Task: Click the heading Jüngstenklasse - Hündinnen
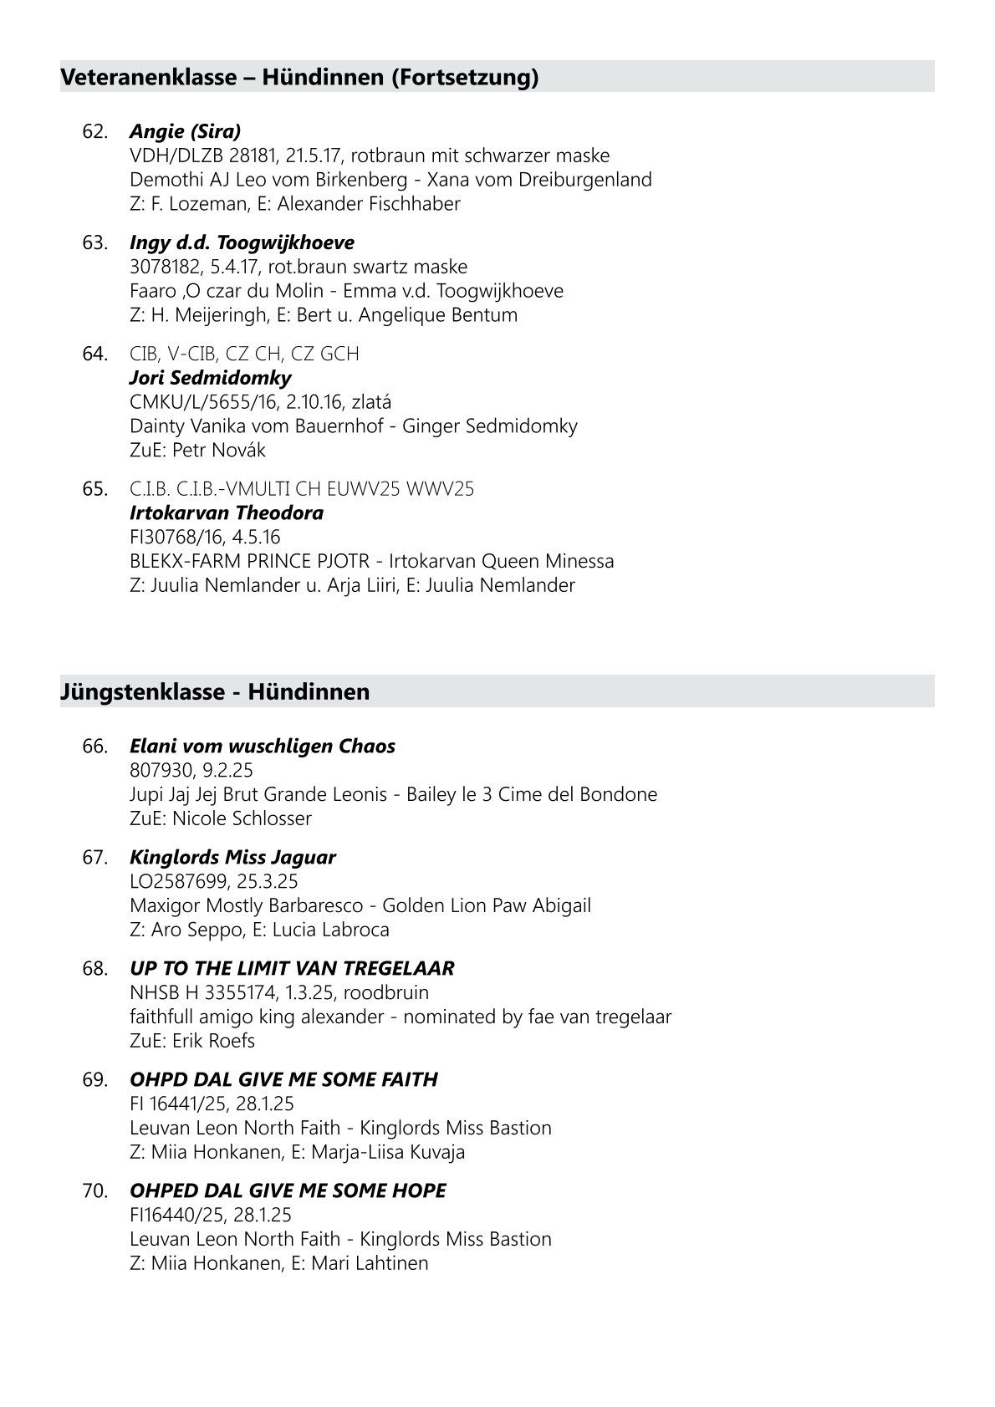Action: pos(215,692)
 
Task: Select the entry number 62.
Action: pos(95,131)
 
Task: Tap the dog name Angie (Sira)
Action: pos(185,131)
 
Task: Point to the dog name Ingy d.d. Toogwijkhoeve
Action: pos(242,243)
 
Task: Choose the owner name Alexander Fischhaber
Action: pos(369,204)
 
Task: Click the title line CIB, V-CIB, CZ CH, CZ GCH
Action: pos(244,354)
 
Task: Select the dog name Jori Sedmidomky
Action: pos(211,379)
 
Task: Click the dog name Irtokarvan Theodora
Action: pos(227,513)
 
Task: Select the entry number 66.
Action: pos(95,747)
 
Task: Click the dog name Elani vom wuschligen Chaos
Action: pos(263,747)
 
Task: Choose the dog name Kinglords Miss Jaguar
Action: pos(232,858)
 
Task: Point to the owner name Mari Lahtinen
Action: pos(370,1263)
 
